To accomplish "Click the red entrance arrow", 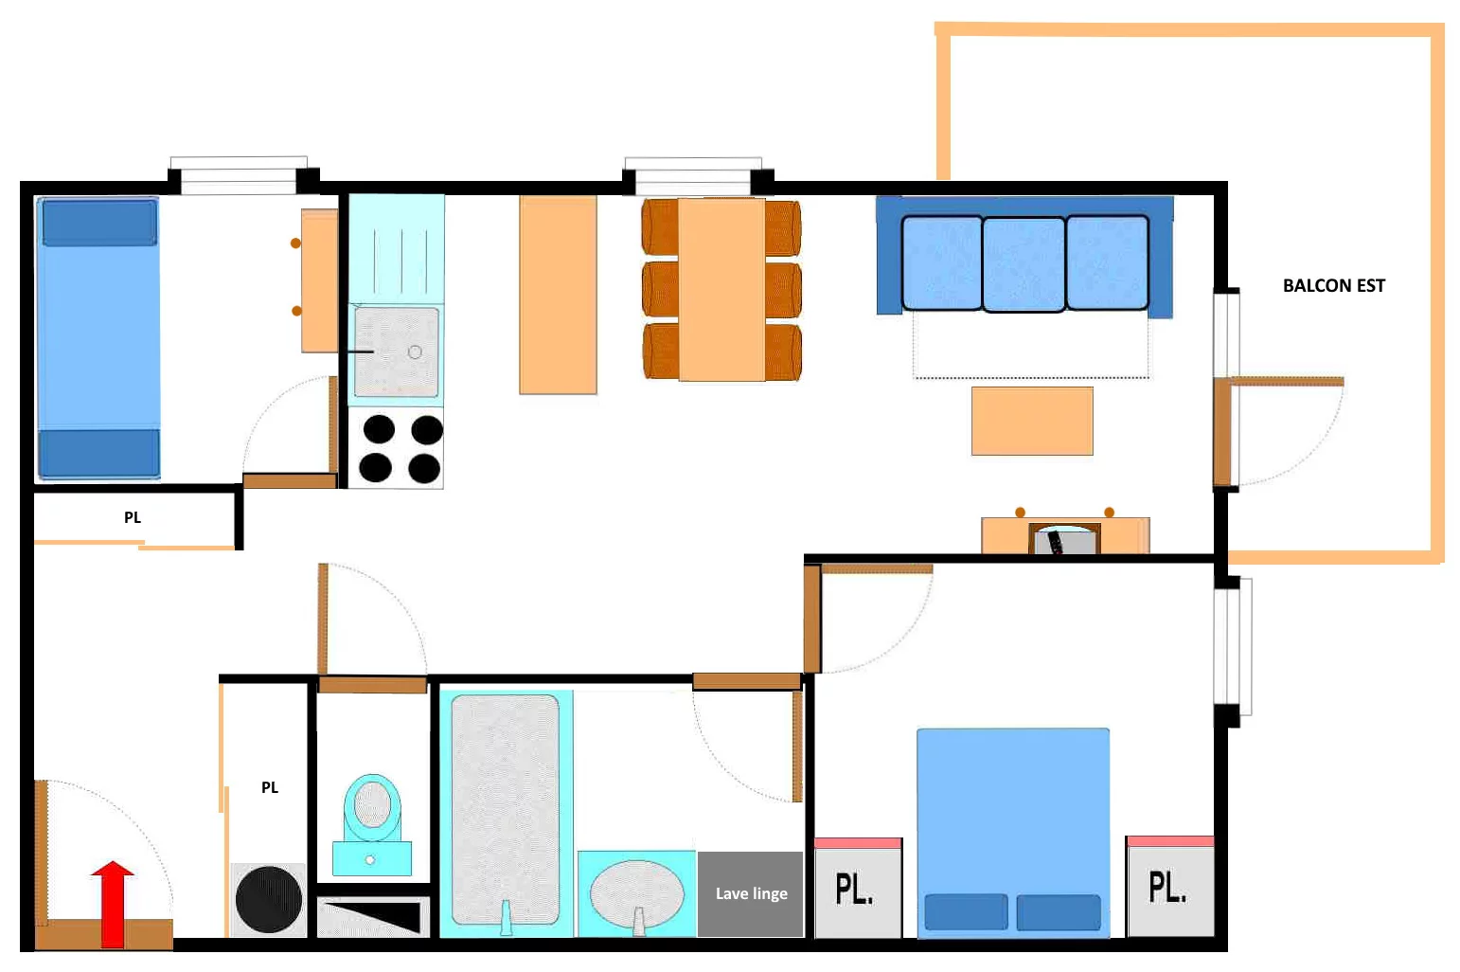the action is (x=113, y=904).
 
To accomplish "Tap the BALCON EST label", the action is (x=1333, y=286).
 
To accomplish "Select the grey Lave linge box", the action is (x=750, y=893).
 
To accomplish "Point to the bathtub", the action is (x=506, y=810).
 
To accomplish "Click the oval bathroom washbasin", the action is (x=637, y=893).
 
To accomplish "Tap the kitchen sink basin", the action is (x=397, y=351).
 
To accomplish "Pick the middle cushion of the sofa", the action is (x=1024, y=263).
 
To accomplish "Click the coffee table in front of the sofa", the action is (x=1032, y=421).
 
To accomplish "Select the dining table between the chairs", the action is (x=721, y=289).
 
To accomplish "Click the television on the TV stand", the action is (x=1064, y=539).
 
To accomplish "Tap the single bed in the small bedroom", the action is (x=99, y=338).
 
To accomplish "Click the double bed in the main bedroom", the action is (x=1013, y=833).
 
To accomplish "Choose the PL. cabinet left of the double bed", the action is (x=859, y=888).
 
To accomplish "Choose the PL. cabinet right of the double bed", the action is (x=1170, y=887).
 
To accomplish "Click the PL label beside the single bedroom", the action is (x=133, y=517).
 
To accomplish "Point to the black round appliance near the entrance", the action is (x=269, y=899).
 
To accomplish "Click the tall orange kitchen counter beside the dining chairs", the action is (x=558, y=295).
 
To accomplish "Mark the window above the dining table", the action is (x=693, y=176).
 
